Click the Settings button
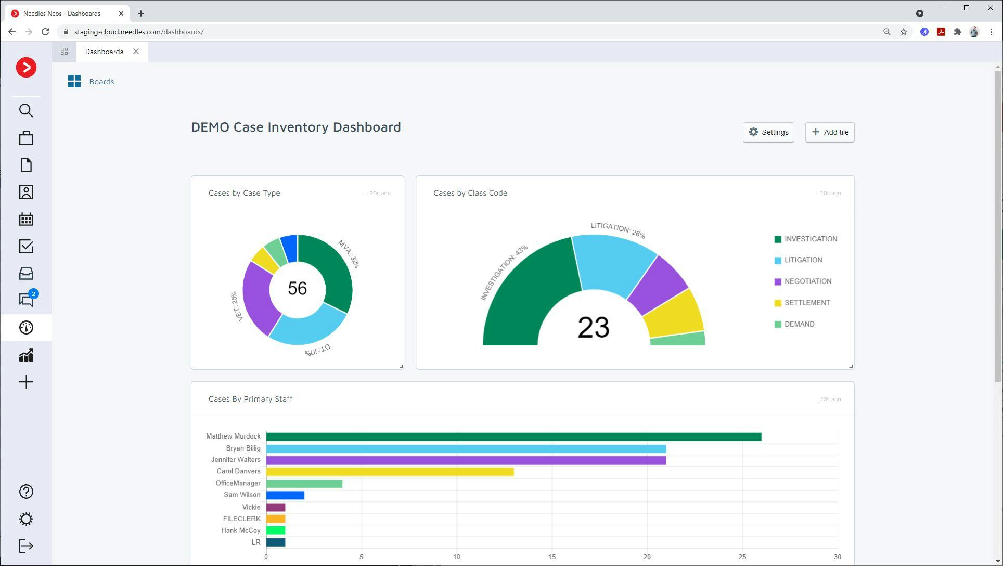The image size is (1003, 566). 768,132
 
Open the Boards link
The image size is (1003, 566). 101,82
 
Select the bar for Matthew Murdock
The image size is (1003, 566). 513,437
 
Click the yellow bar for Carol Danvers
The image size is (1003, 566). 390,472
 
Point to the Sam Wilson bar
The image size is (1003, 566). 285,495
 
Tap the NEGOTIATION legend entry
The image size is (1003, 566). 807,281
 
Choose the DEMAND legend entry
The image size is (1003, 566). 799,324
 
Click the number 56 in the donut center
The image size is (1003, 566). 297,288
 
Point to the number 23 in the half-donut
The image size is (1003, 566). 593,327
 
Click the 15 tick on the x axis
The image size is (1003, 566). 551,557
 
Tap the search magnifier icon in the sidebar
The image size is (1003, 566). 26,110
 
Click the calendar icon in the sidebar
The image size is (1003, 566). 26,219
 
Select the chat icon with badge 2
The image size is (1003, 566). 26,300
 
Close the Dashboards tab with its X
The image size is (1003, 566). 136,52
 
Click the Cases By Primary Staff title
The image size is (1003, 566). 250,399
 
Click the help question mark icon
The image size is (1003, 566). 26,492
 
